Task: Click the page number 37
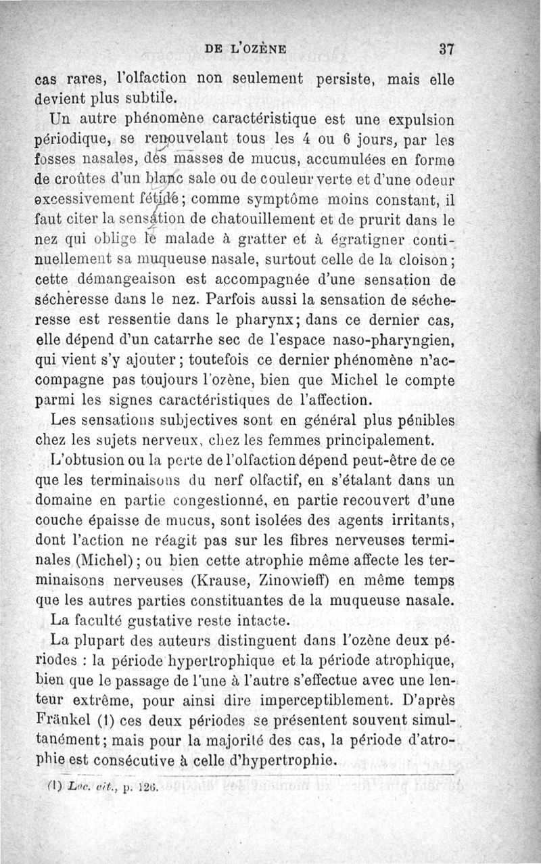[445, 49]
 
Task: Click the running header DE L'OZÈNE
[245, 49]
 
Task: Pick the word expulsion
[414, 121]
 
